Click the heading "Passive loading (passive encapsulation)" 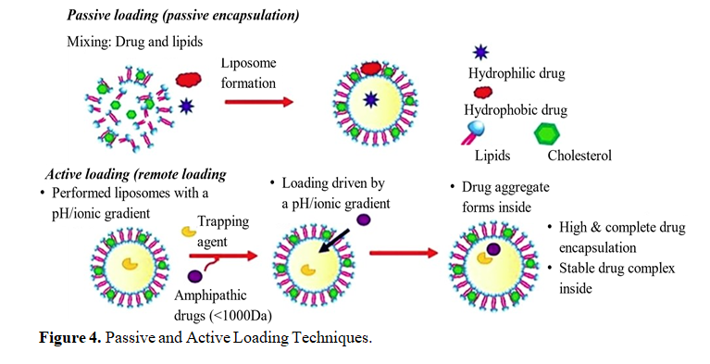(x=183, y=16)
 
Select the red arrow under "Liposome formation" (x=259, y=102)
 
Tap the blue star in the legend (x=480, y=53)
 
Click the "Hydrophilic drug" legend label (x=517, y=73)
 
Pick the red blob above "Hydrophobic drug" (x=483, y=93)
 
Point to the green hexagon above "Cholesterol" (x=547, y=134)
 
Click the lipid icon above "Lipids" (x=473, y=133)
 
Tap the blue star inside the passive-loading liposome (x=371, y=99)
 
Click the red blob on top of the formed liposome (x=371, y=69)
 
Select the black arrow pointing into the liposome (x=333, y=241)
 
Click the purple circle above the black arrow (x=364, y=220)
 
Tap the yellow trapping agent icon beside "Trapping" (x=189, y=232)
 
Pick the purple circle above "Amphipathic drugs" (x=194, y=276)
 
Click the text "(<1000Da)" (x=242, y=315)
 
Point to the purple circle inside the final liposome (x=493, y=249)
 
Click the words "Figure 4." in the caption (x=70, y=338)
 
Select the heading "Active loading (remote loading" (x=136, y=174)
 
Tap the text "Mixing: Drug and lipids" (x=135, y=42)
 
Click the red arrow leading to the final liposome (x=404, y=253)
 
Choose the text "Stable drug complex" (x=617, y=269)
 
